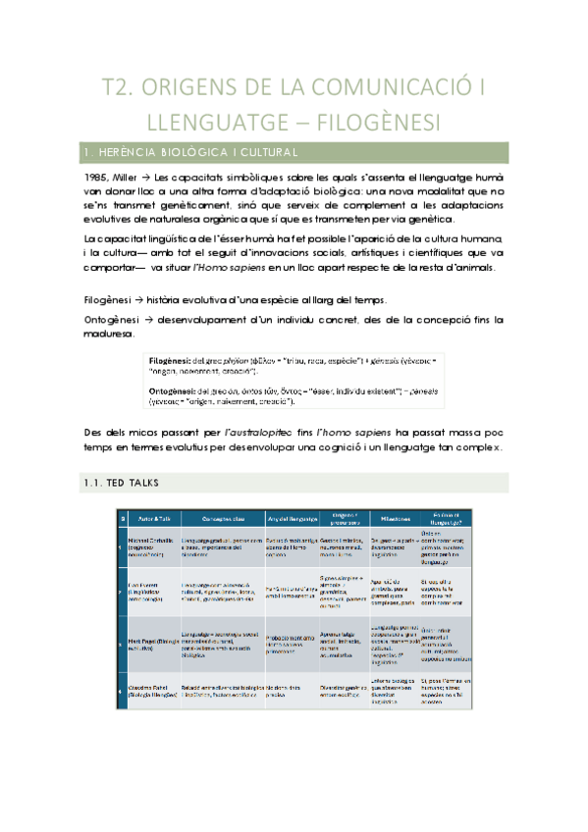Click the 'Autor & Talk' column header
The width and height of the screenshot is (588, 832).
point(153,519)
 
